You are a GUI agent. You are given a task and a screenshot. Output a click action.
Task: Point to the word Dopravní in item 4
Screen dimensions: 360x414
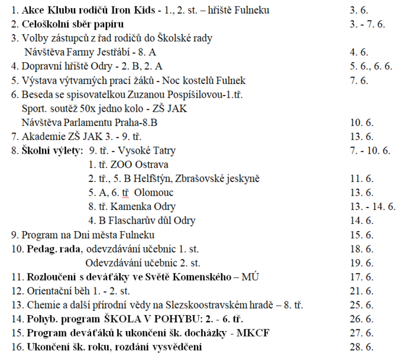(41, 66)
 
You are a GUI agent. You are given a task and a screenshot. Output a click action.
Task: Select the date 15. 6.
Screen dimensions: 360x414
(358, 235)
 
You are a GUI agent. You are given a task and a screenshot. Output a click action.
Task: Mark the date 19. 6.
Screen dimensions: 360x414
(358, 262)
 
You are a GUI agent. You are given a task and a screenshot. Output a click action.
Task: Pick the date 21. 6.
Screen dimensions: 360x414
(358, 291)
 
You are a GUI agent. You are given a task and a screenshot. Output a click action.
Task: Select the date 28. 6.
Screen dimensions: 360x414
(358, 347)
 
